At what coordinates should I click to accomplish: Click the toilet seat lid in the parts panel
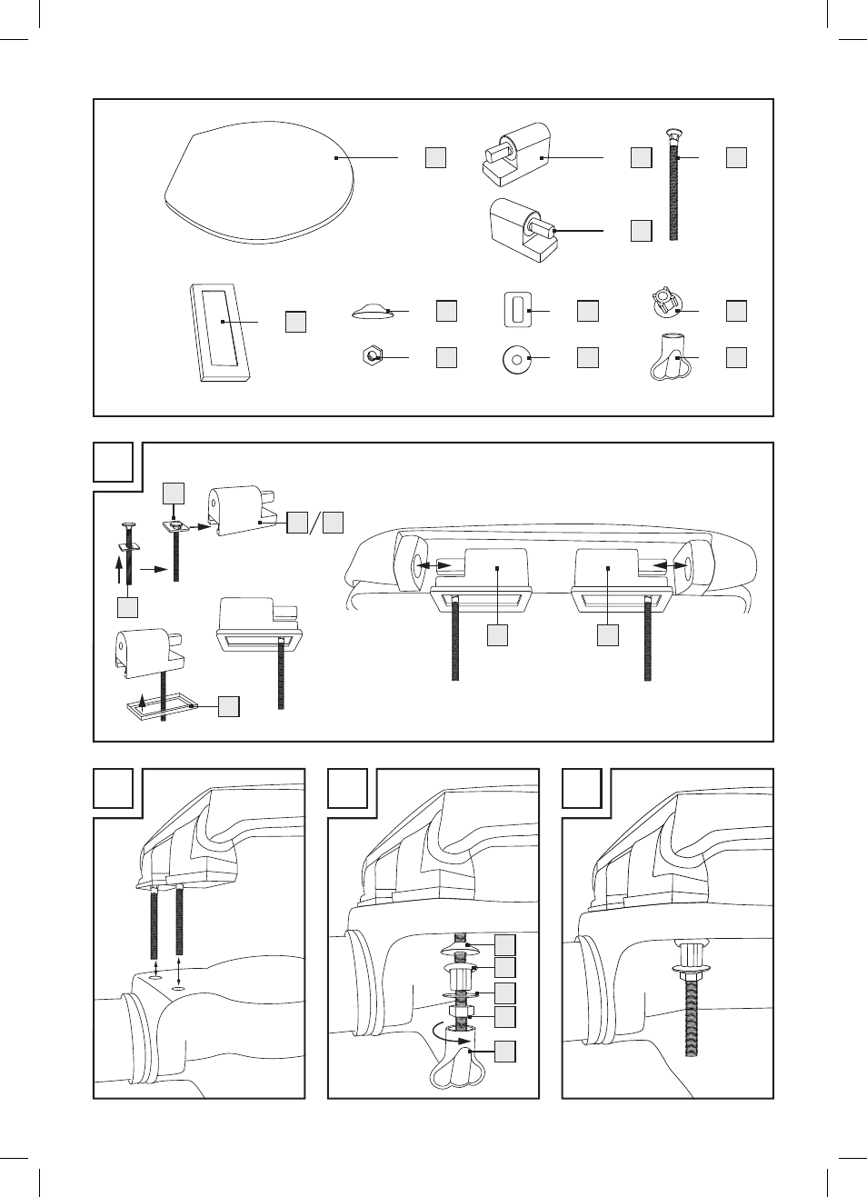[259, 182]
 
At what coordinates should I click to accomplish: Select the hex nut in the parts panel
[371, 355]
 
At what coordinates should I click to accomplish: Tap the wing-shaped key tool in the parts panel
[672, 364]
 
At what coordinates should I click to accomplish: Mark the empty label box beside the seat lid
[435, 157]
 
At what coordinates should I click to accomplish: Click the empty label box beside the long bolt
[736, 157]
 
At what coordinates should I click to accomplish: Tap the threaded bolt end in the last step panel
[693, 1018]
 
